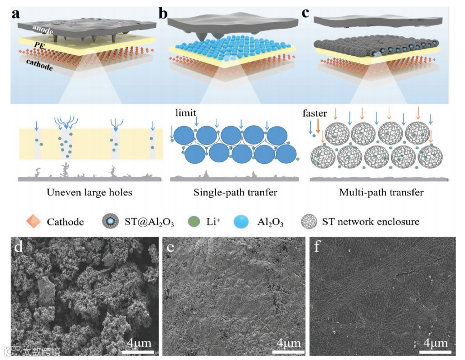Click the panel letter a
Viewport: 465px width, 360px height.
[x=17, y=13]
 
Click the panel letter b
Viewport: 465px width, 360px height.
[x=164, y=13]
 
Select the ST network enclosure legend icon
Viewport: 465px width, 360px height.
[x=311, y=222]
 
